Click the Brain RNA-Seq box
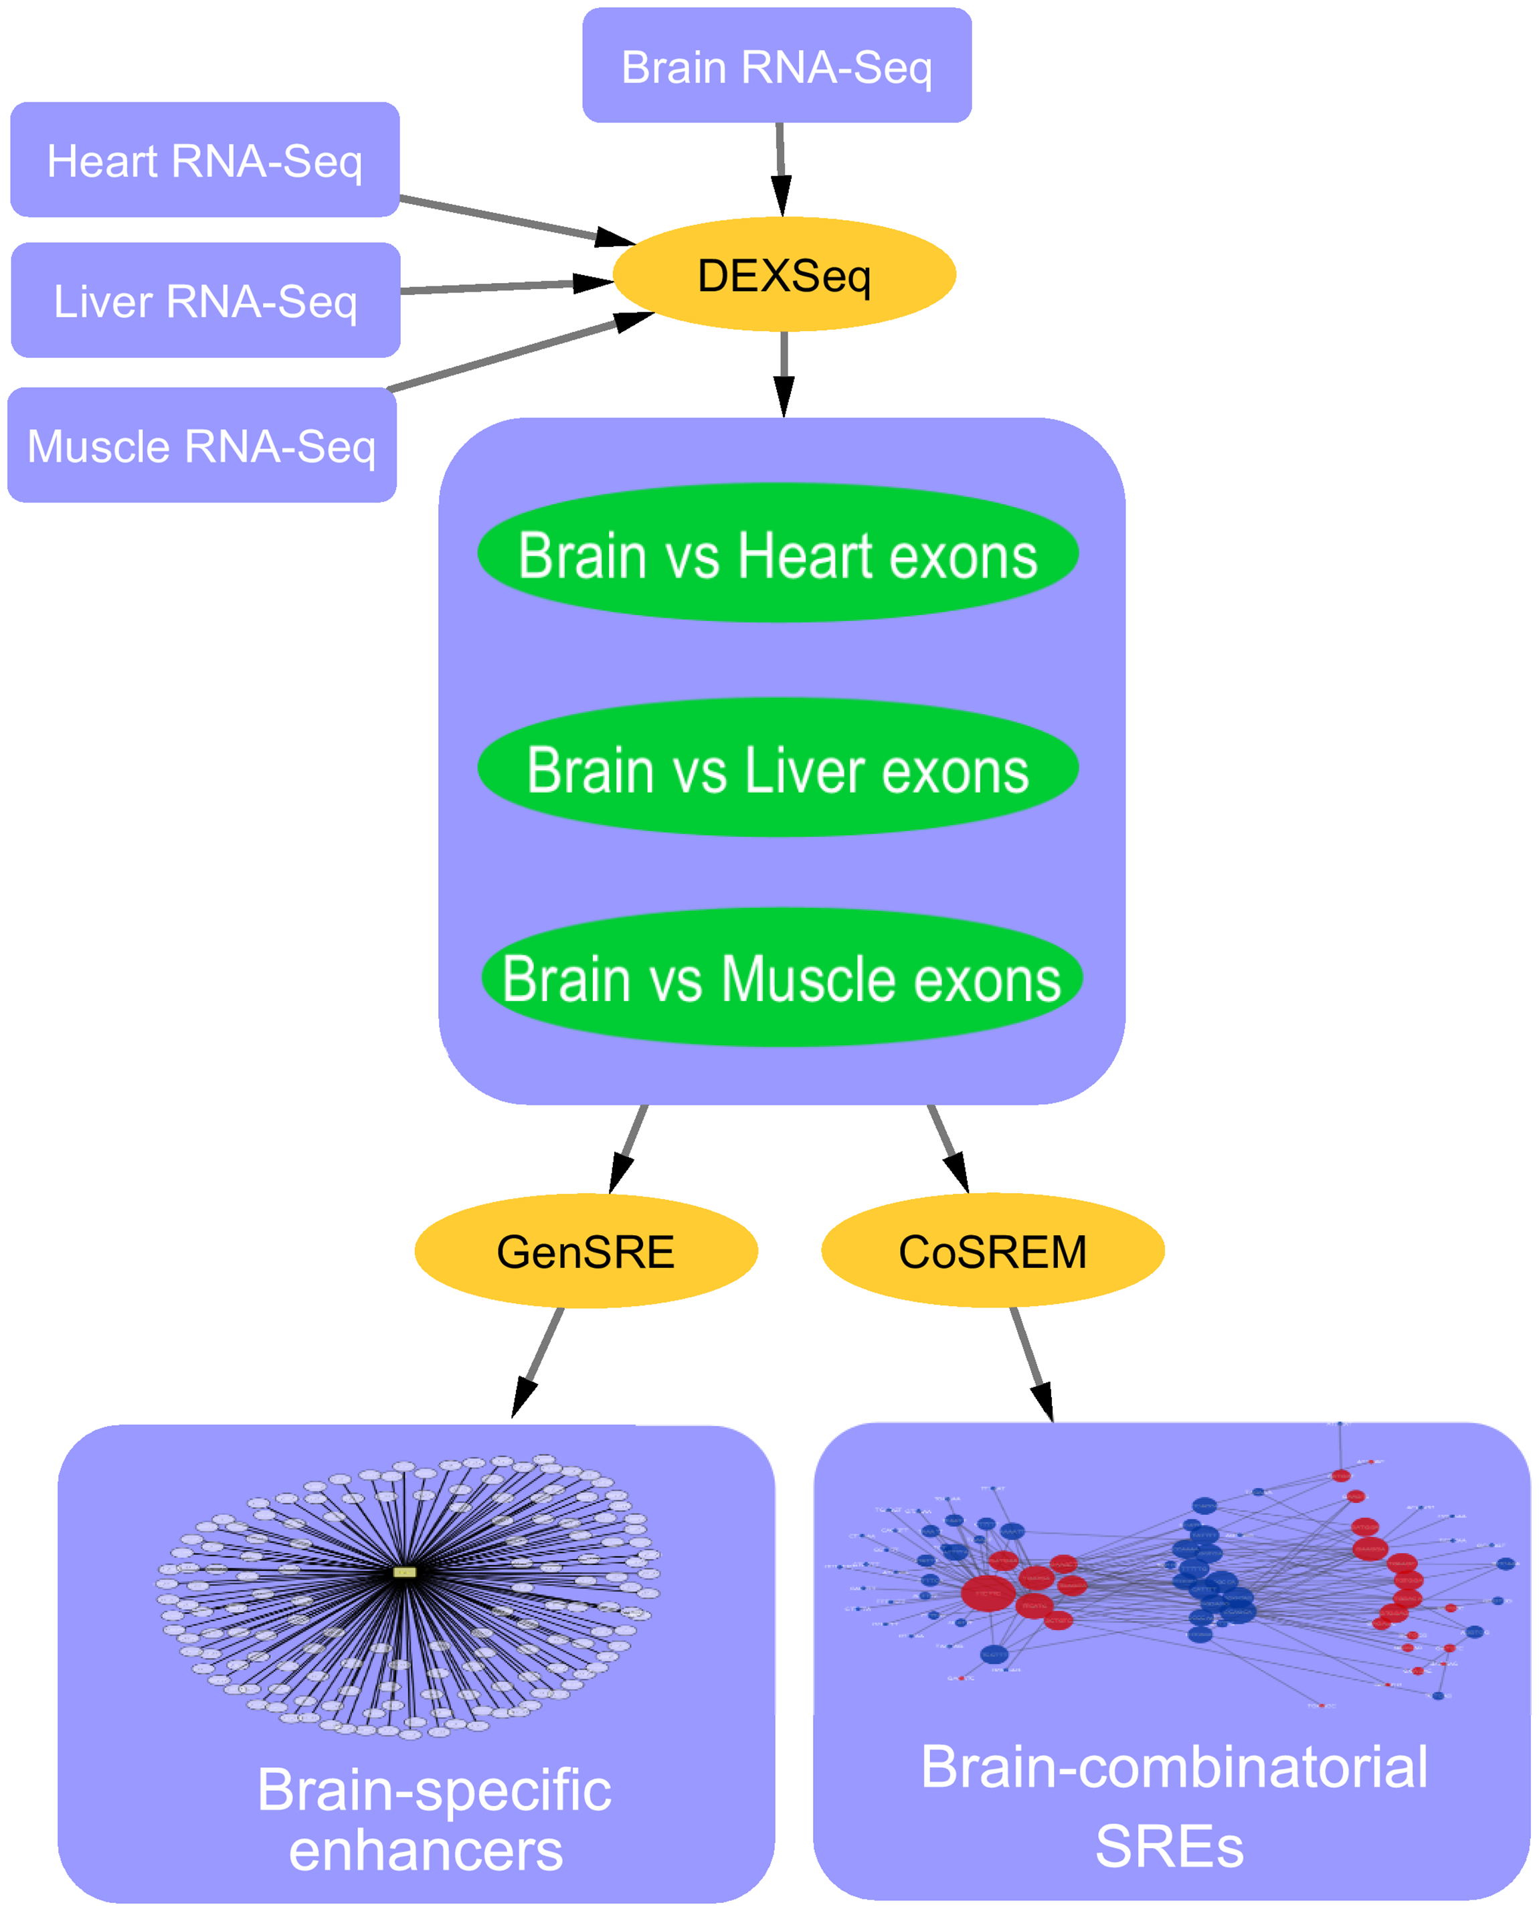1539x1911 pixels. pos(777,66)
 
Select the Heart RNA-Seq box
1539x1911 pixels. pos(205,159)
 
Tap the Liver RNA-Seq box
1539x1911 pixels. pos(205,300)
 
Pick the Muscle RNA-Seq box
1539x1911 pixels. pos(202,445)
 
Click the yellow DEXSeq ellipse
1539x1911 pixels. pos(784,275)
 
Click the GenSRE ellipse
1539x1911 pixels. pos(586,1251)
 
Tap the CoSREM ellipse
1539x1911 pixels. pos(992,1251)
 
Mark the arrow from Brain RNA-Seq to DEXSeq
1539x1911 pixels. pos(780,169)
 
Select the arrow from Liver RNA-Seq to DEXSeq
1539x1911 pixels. pos(505,286)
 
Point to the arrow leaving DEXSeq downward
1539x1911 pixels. pos(784,372)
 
